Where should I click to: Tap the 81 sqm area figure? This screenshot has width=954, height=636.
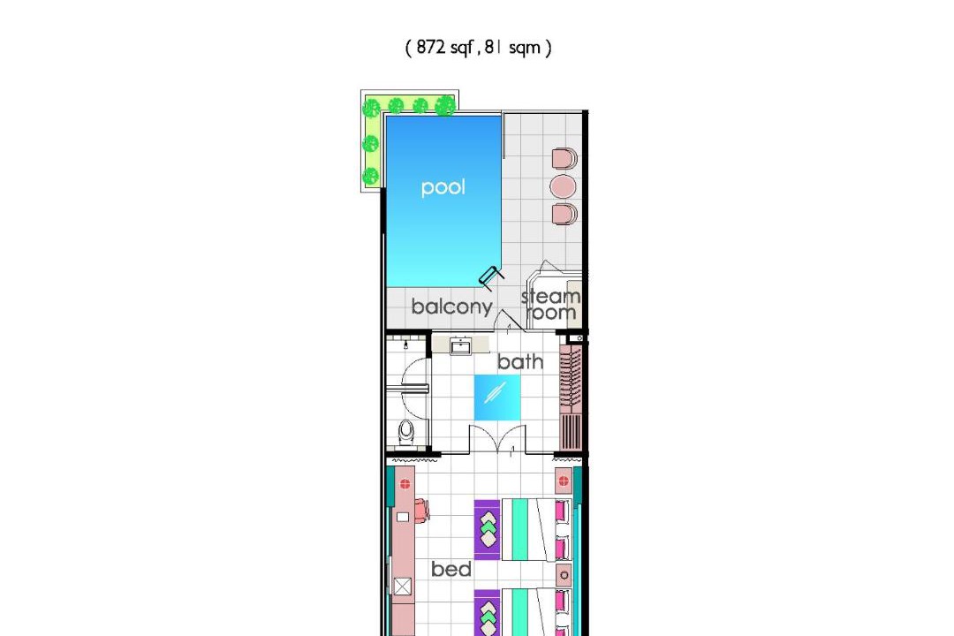click(x=512, y=48)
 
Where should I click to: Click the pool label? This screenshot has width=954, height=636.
click(x=443, y=187)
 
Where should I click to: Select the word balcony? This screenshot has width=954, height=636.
click(x=451, y=307)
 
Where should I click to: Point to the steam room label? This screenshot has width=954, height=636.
click(x=551, y=304)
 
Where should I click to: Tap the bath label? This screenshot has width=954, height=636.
click(x=520, y=361)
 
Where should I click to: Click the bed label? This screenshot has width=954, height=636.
click(x=450, y=569)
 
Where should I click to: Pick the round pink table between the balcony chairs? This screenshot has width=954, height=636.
click(x=562, y=186)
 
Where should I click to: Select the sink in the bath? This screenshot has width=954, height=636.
click(x=460, y=347)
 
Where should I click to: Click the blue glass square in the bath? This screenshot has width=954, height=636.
click(x=497, y=397)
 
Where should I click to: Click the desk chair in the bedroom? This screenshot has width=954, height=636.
click(x=422, y=510)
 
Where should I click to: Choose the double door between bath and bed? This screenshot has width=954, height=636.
click(x=497, y=439)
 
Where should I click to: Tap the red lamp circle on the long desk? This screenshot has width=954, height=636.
click(x=405, y=484)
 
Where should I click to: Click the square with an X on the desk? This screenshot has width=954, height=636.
click(x=402, y=587)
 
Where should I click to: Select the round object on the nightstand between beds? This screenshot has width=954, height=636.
click(x=564, y=575)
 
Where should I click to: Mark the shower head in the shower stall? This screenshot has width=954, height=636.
click(x=405, y=345)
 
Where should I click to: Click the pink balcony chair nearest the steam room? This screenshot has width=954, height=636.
click(x=564, y=215)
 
